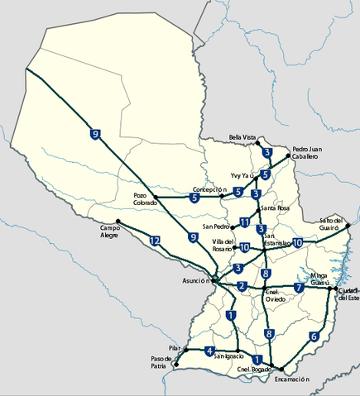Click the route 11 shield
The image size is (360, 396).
[x=244, y=222]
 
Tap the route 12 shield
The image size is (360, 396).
[x=155, y=241]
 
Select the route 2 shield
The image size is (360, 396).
[x=242, y=287]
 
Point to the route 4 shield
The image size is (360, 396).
[x=209, y=350]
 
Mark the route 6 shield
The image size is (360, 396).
[x=313, y=336]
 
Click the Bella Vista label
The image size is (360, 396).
[x=243, y=138]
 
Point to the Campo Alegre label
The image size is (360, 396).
[x=110, y=231]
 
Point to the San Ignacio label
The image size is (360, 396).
[x=228, y=355]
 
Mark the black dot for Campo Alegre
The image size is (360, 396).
[x=118, y=221]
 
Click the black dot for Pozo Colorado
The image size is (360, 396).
[x=156, y=197]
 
